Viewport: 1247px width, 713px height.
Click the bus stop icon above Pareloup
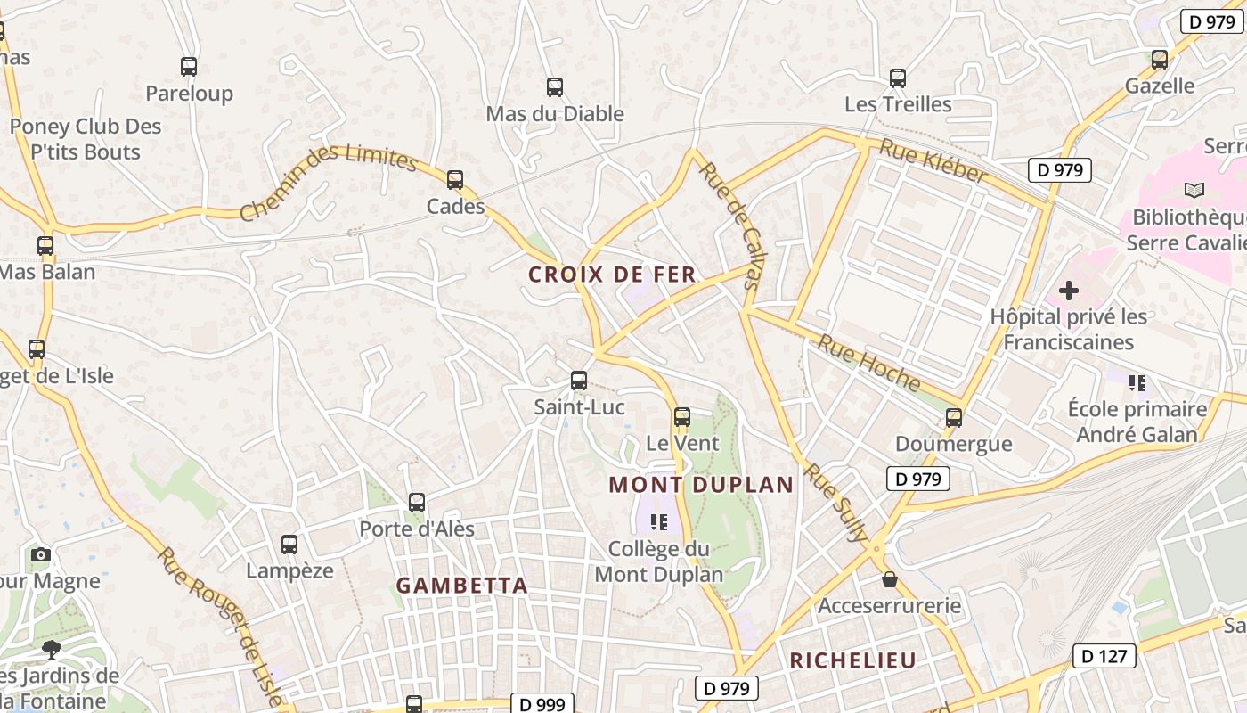188,66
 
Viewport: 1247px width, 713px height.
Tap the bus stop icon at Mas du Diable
554,87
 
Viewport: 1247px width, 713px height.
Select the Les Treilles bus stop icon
897,78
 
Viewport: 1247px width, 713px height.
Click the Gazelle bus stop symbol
1159,60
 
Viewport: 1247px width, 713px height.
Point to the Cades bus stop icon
455,180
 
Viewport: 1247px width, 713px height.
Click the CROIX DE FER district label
612,275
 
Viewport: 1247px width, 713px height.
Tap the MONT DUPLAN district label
701,485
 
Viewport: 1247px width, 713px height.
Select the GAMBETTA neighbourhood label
461,586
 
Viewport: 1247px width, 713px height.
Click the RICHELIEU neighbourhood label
852,660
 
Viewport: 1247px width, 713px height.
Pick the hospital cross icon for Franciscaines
1068,291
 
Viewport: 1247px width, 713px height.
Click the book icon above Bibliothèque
1194,190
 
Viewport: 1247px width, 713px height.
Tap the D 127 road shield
1104,657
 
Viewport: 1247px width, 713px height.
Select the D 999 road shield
542,704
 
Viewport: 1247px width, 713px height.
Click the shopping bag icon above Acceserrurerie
889,580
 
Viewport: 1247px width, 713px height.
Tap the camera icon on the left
40,554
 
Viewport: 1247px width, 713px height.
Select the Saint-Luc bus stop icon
578,381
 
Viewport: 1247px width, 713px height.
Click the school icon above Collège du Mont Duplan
659,521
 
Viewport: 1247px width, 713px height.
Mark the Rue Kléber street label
932,160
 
